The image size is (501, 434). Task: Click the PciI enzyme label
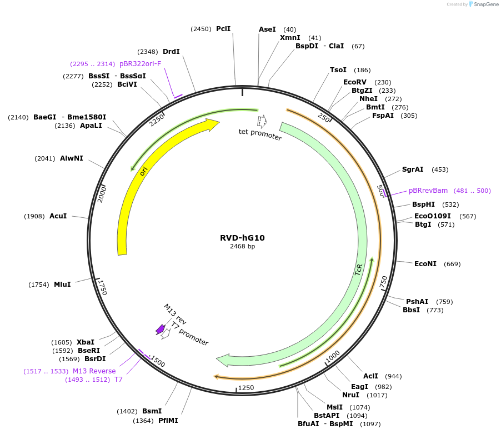223,28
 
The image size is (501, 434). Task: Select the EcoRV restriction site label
355,82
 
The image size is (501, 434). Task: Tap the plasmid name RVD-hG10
242,238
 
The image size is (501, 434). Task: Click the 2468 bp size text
242,246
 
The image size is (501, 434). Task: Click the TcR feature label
359,271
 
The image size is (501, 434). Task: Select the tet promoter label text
260,134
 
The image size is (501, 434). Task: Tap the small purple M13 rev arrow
160,330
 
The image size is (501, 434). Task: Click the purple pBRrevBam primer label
428,191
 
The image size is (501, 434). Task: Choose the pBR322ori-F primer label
140,63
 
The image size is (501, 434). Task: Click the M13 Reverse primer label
94,371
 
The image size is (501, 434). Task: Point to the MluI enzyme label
62,285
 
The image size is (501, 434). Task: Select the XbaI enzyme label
86,342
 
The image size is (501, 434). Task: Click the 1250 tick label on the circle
246,388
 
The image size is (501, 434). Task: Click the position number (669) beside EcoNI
452,264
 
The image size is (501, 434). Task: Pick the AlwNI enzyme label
72,158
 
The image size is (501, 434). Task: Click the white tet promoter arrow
262,121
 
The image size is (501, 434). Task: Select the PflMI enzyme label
168,421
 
